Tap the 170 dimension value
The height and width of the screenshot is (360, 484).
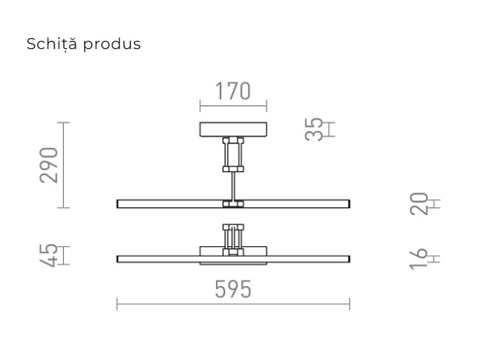pos(233,91)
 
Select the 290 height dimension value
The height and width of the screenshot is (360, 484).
pos(49,164)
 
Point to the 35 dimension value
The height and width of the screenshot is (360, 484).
pos(313,129)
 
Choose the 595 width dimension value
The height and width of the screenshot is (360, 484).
pos(233,289)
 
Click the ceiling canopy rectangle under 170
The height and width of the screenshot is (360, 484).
pos(233,129)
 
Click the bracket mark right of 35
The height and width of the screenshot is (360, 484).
pos(330,129)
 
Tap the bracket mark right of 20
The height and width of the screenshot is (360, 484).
pos(435,204)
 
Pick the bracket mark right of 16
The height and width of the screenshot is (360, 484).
pos(435,258)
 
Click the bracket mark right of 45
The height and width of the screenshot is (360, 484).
pos(64,255)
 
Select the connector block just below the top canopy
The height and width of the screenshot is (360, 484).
pos(233,154)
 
